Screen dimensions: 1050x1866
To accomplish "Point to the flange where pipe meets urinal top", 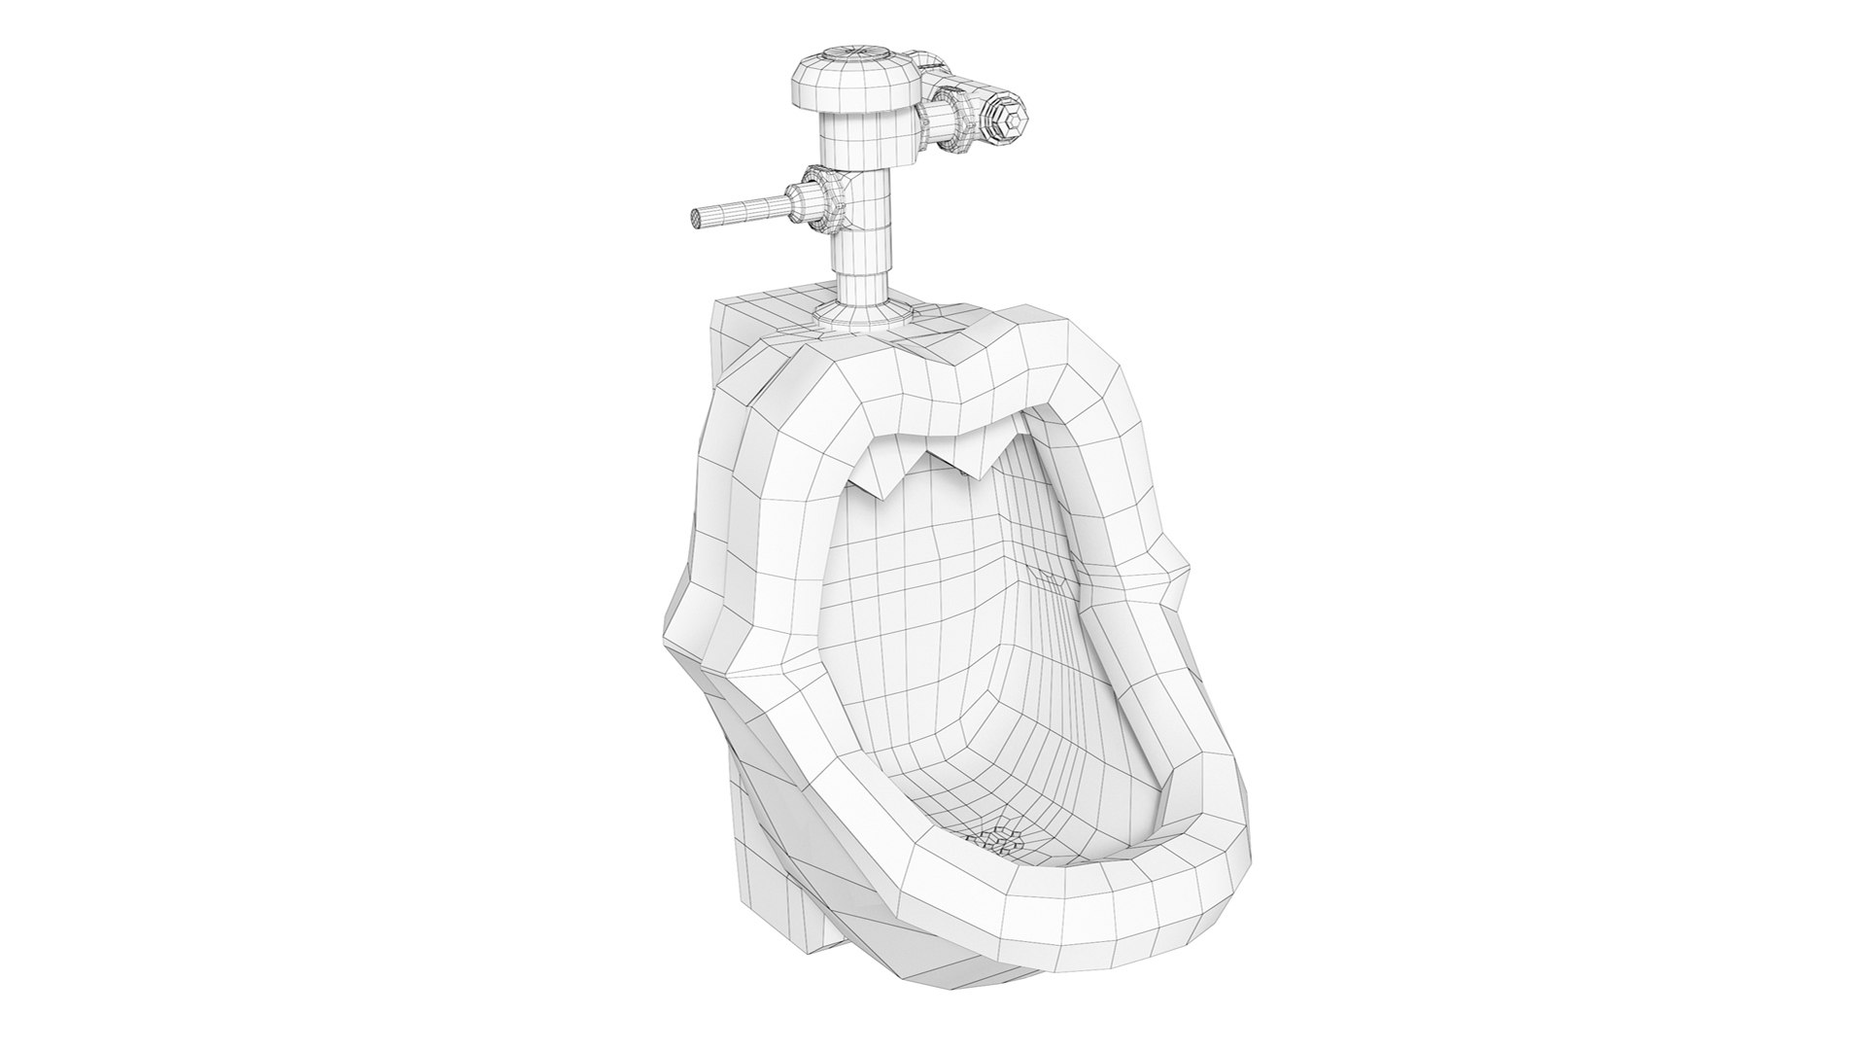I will point(862,311).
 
